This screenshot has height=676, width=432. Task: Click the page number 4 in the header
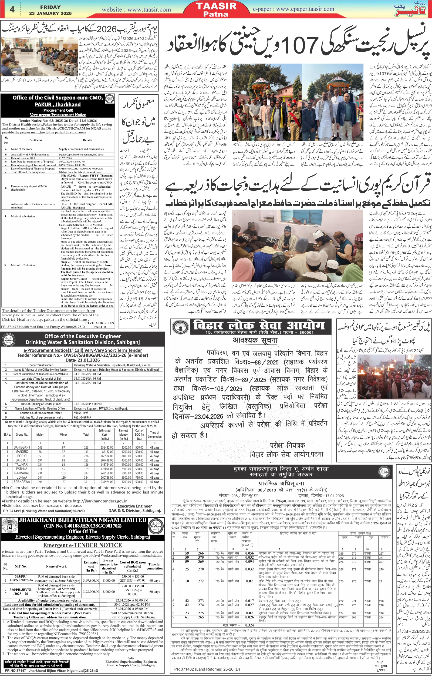click(12, 9)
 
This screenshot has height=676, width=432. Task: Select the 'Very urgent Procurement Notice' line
click(58, 115)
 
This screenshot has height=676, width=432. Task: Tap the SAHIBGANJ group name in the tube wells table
click(22, 447)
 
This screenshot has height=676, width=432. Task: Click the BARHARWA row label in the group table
click(22, 482)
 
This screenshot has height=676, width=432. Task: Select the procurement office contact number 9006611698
click(81, 413)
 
